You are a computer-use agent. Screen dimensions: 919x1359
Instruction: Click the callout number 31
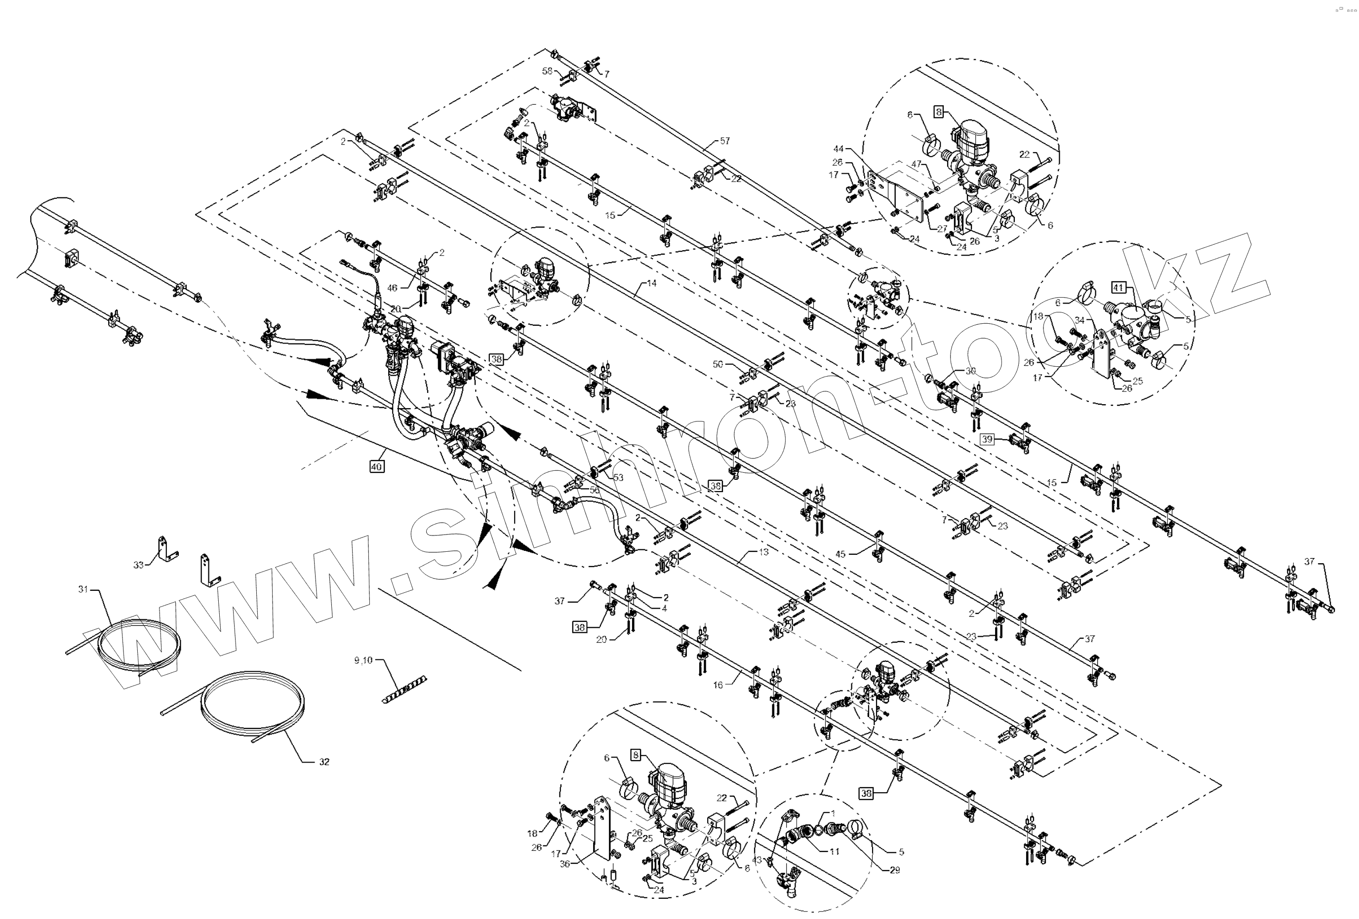(x=83, y=589)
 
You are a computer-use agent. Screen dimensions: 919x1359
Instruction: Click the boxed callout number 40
(x=377, y=466)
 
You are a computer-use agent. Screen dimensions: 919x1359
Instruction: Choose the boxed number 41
(x=1118, y=287)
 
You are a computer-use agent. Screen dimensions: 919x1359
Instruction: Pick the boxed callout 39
(x=987, y=439)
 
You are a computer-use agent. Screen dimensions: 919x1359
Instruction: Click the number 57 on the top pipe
(x=725, y=141)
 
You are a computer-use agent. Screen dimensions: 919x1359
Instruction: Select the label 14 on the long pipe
(x=651, y=283)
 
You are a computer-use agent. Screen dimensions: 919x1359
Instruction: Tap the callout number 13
(x=764, y=552)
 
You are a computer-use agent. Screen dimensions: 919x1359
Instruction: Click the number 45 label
(x=840, y=554)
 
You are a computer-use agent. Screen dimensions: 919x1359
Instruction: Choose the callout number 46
(x=393, y=288)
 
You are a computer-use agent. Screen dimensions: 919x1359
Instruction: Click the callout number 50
(x=718, y=364)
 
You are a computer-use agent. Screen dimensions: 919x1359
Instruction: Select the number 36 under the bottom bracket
(x=565, y=864)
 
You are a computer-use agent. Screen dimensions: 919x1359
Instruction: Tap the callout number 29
(x=895, y=870)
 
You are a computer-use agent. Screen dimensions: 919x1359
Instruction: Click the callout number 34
(x=1080, y=320)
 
